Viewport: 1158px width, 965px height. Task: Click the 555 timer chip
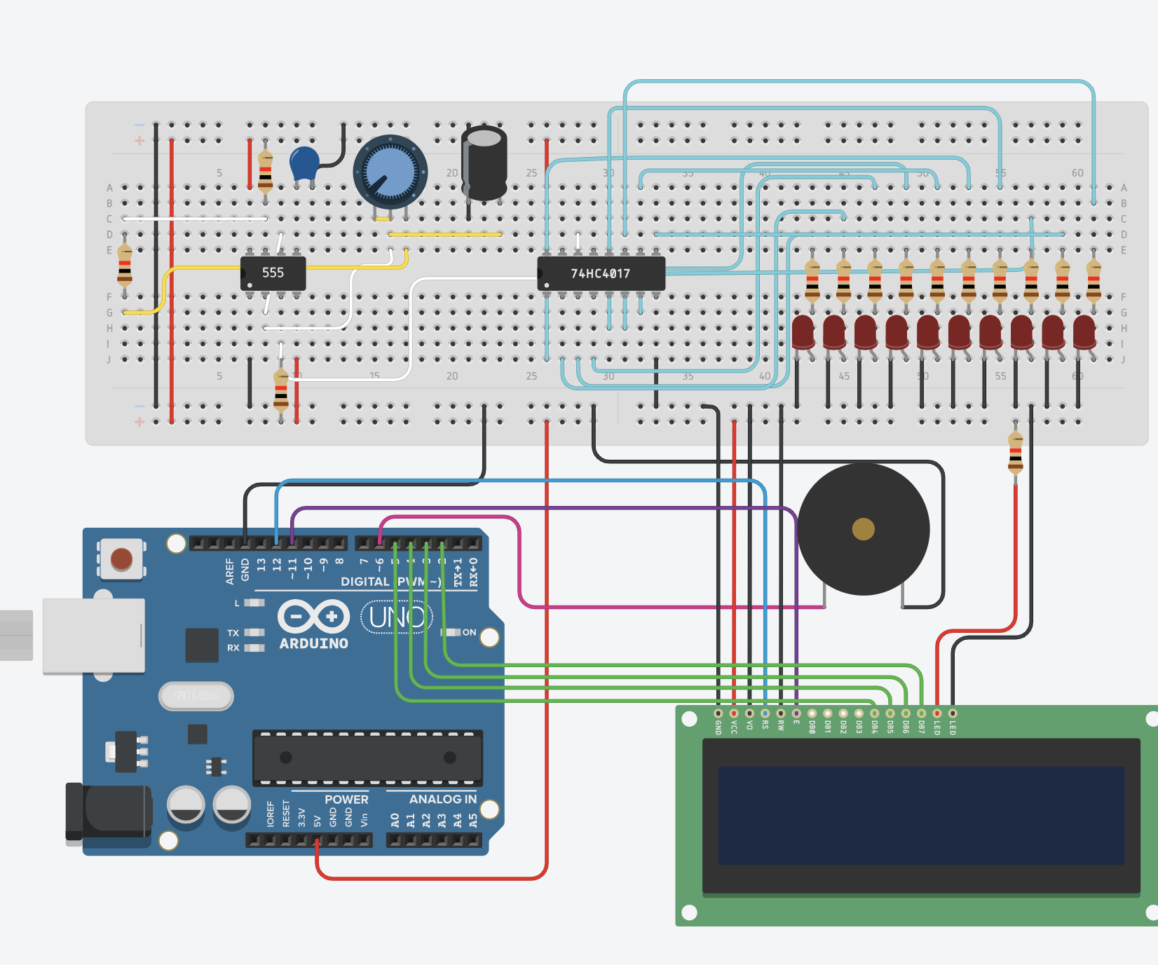click(x=273, y=273)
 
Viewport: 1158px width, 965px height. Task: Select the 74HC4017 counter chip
click(x=601, y=273)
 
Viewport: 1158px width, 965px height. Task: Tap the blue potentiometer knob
click(x=390, y=172)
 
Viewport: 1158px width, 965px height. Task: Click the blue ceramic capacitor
click(x=304, y=163)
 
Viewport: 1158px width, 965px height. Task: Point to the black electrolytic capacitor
click(x=484, y=163)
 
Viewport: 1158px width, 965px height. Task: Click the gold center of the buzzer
click(x=863, y=529)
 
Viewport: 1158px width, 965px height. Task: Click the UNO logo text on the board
click(x=397, y=617)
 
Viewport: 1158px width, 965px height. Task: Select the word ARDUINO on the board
click(x=313, y=643)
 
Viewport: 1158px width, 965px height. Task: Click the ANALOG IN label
click(x=442, y=799)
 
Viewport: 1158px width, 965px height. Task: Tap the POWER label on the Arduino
click(x=346, y=799)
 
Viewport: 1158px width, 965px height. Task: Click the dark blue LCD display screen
click(x=920, y=815)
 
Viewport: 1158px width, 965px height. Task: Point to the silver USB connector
click(x=93, y=636)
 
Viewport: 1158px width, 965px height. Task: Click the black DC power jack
click(x=109, y=812)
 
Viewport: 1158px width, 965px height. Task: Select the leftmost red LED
click(x=803, y=331)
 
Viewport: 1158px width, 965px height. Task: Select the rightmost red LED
click(x=1084, y=331)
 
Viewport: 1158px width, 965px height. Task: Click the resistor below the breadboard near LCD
click(x=1015, y=453)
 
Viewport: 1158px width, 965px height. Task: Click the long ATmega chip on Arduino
click(x=367, y=758)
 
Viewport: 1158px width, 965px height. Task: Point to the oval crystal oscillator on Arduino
click(x=196, y=696)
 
